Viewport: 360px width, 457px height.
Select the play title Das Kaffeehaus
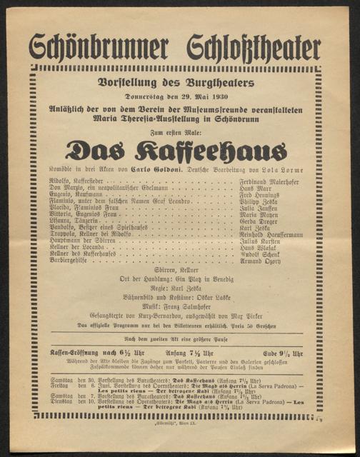click(x=176, y=151)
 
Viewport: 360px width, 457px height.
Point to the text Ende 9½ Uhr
click(x=282, y=353)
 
